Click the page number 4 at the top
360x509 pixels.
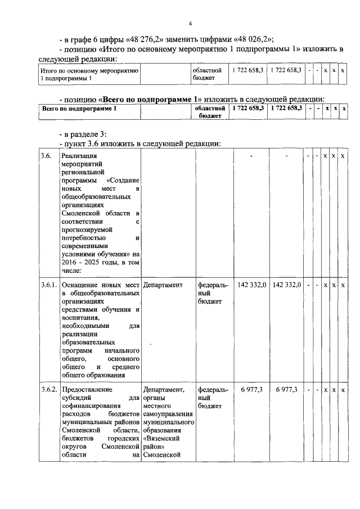pos(190,24)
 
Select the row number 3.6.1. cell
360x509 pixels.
pos(49,285)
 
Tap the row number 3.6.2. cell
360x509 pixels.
pos(49,389)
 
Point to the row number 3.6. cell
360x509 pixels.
pos(46,156)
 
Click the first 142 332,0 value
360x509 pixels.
pos(252,285)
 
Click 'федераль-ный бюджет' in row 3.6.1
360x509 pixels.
pos(213,293)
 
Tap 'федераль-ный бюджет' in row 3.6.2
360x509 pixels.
pos(213,397)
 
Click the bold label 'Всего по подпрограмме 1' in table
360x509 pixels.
pos(79,107)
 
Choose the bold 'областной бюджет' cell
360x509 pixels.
pos(210,111)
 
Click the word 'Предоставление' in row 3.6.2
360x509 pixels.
pos(87,389)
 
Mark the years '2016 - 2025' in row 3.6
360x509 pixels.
pos(83,263)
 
